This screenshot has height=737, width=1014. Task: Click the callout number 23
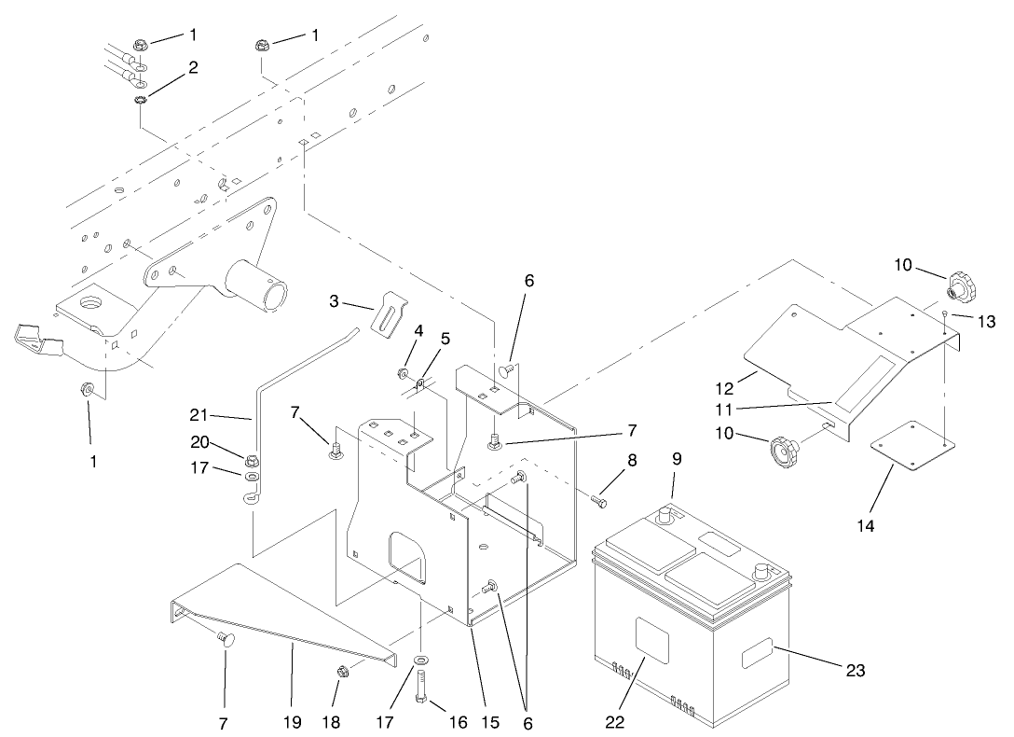pos(856,671)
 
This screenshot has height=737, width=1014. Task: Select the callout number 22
pos(615,722)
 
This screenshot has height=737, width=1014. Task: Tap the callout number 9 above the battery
pos(676,459)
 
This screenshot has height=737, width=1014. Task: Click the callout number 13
pos(987,322)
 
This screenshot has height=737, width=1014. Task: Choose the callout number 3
pos(334,301)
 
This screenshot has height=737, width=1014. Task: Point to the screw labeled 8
pos(598,502)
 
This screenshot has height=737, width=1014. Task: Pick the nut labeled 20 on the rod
pos(252,459)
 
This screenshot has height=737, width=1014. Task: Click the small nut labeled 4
pos(403,374)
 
